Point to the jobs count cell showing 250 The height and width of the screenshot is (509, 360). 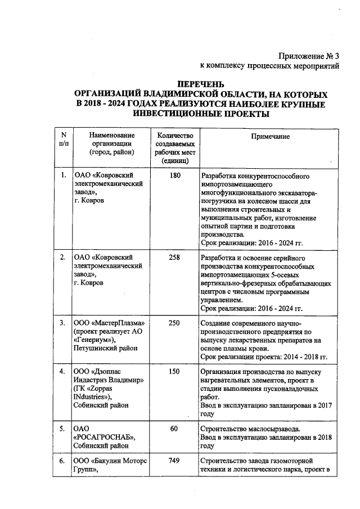click(x=175, y=323)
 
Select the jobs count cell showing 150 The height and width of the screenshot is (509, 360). click(x=175, y=373)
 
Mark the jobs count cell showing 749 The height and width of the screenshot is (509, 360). click(x=175, y=461)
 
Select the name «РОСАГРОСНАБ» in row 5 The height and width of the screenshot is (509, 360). click(x=105, y=437)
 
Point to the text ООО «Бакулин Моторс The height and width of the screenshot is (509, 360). click(x=111, y=461)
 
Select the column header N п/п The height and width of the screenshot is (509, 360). click(x=64, y=139)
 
